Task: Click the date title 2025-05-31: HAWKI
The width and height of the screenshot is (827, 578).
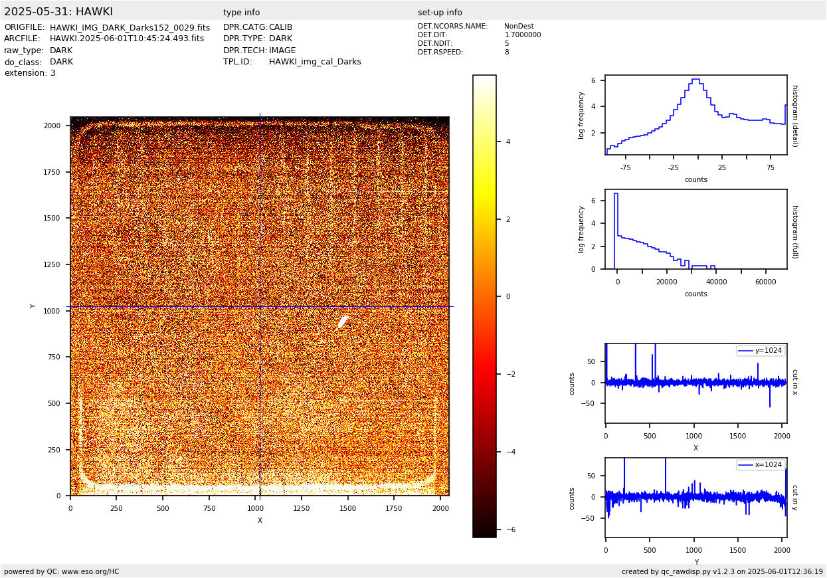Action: click(58, 12)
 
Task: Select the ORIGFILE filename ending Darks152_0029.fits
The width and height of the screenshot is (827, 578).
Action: click(130, 28)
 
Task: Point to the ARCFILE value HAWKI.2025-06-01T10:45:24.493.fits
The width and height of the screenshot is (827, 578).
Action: click(127, 39)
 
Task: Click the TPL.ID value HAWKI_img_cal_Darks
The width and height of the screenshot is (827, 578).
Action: click(315, 62)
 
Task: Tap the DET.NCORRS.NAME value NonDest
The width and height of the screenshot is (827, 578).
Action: click(519, 27)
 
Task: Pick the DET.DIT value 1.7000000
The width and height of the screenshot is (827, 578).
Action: click(523, 35)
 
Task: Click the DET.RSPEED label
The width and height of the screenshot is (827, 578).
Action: click(440, 52)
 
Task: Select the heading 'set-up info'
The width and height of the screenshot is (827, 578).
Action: click(440, 13)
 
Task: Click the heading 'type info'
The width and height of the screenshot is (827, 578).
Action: click(241, 13)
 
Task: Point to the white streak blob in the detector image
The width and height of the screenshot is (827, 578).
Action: click(342, 323)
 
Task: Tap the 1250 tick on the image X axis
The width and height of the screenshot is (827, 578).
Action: click(302, 508)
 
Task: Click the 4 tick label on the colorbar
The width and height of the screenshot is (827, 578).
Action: click(507, 142)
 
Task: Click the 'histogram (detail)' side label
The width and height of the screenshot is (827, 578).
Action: click(794, 115)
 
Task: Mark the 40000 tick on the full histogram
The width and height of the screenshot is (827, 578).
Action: click(716, 282)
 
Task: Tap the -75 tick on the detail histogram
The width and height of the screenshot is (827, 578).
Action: click(626, 168)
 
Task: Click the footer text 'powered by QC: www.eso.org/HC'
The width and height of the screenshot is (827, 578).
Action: click(62, 571)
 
